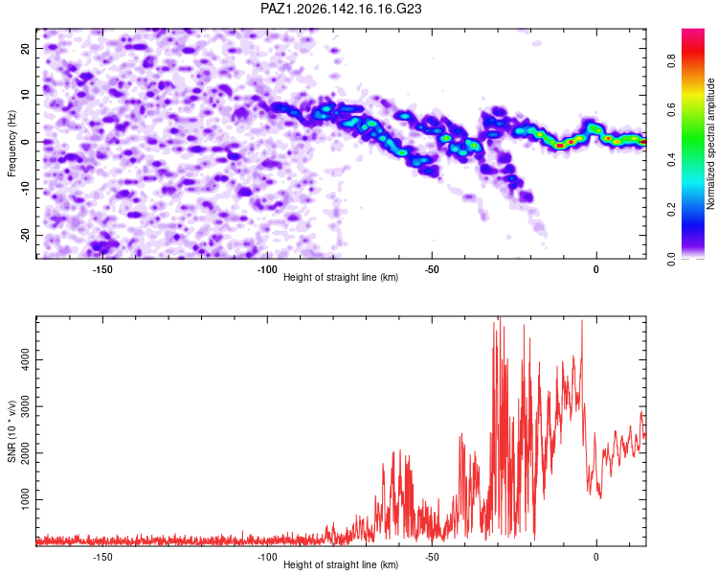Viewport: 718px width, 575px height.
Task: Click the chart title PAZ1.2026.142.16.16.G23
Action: click(341, 9)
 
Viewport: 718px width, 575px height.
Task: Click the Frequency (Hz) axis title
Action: click(11, 144)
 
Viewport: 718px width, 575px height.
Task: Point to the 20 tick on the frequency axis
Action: click(25, 48)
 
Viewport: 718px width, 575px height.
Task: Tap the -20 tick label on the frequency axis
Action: click(25, 235)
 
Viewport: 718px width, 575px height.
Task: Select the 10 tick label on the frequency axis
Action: click(25, 95)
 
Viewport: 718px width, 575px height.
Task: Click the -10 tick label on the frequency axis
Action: click(25, 188)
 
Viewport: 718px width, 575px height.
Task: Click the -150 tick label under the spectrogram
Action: click(102, 269)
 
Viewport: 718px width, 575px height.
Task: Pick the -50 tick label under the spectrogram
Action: click(432, 269)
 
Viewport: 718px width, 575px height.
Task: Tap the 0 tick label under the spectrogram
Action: click(595, 269)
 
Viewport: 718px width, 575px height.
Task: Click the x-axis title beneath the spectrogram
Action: click(341, 277)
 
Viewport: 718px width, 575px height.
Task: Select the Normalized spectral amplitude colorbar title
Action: click(710, 144)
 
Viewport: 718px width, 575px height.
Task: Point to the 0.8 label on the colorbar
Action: click(671, 60)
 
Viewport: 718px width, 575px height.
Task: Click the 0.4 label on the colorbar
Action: click(671, 160)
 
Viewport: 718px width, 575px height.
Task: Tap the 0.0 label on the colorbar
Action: click(671, 260)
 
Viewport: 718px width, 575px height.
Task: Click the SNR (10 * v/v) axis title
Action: click(11, 431)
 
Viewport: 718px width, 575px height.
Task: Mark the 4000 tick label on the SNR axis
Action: click(25, 359)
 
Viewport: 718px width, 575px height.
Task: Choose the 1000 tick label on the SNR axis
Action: click(25, 499)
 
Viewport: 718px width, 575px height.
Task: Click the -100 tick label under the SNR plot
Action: click(267, 557)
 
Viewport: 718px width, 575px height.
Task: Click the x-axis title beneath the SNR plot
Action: click(341, 564)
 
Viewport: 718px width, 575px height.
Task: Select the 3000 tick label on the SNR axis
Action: click(25, 406)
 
